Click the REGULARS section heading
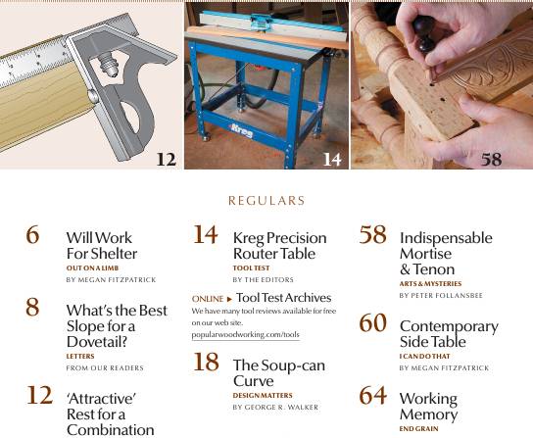coord(266,201)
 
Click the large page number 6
coord(33,237)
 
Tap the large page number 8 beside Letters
coord(33,308)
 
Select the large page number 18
coord(205,364)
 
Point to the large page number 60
coord(373,324)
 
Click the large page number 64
coord(373,396)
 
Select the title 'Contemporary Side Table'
coord(448,334)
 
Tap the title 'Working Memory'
coord(428,406)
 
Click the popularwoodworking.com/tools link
coord(245,335)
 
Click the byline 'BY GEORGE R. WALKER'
coord(276,407)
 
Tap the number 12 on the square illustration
coord(165,158)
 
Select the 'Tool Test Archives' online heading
coord(284,298)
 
